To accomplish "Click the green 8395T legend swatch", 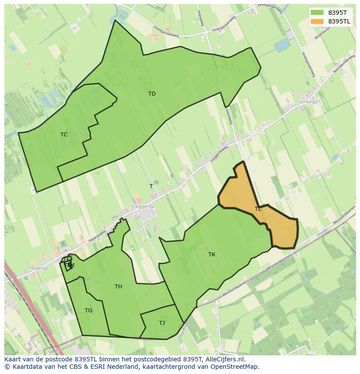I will tap(317, 13).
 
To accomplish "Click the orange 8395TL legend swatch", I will tap(317, 21).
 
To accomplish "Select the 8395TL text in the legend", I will tap(339, 21).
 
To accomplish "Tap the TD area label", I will tap(152, 94).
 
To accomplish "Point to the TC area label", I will tap(64, 135).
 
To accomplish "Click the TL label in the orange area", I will tap(258, 209).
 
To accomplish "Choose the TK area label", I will tap(212, 255).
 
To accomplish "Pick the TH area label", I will tap(118, 287).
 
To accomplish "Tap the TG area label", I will tap(88, 311).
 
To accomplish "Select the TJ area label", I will tap(162, 323).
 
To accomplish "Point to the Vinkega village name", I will tap(308, 102).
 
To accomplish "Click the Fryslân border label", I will tap(323, 232).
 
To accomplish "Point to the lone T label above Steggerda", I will tap(151, 186).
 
